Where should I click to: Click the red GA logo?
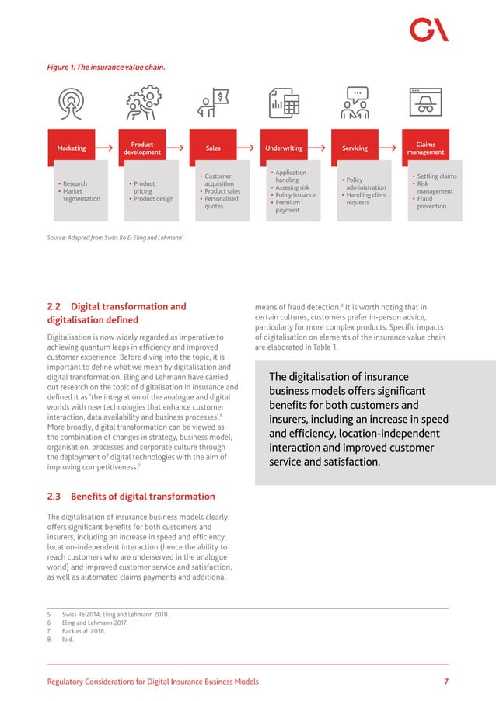click(x=429, y=30)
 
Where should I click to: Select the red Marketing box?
click(x=72, y=148)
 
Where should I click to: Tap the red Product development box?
click(x=142, y=148)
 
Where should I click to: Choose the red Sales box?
click(x=213, y=148)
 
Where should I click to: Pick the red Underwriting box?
click(x=284, y=148)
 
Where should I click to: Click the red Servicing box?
click(x=355, y=148)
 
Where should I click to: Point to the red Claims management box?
click(x=425, y=148)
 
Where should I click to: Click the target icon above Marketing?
click(x=72, y=103)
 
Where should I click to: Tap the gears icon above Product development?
click(x=142, y=103)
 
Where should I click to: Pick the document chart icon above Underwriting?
click(x=285, y=103)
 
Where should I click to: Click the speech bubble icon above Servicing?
click(x=355, y=103)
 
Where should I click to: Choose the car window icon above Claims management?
click(x=425, y=102)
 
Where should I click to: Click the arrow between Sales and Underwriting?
click(x=249, y=148)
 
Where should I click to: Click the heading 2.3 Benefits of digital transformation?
click(x=131, y=497)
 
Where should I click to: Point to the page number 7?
click(x=446, y=682)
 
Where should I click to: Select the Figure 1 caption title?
click(x=107, y=67)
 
